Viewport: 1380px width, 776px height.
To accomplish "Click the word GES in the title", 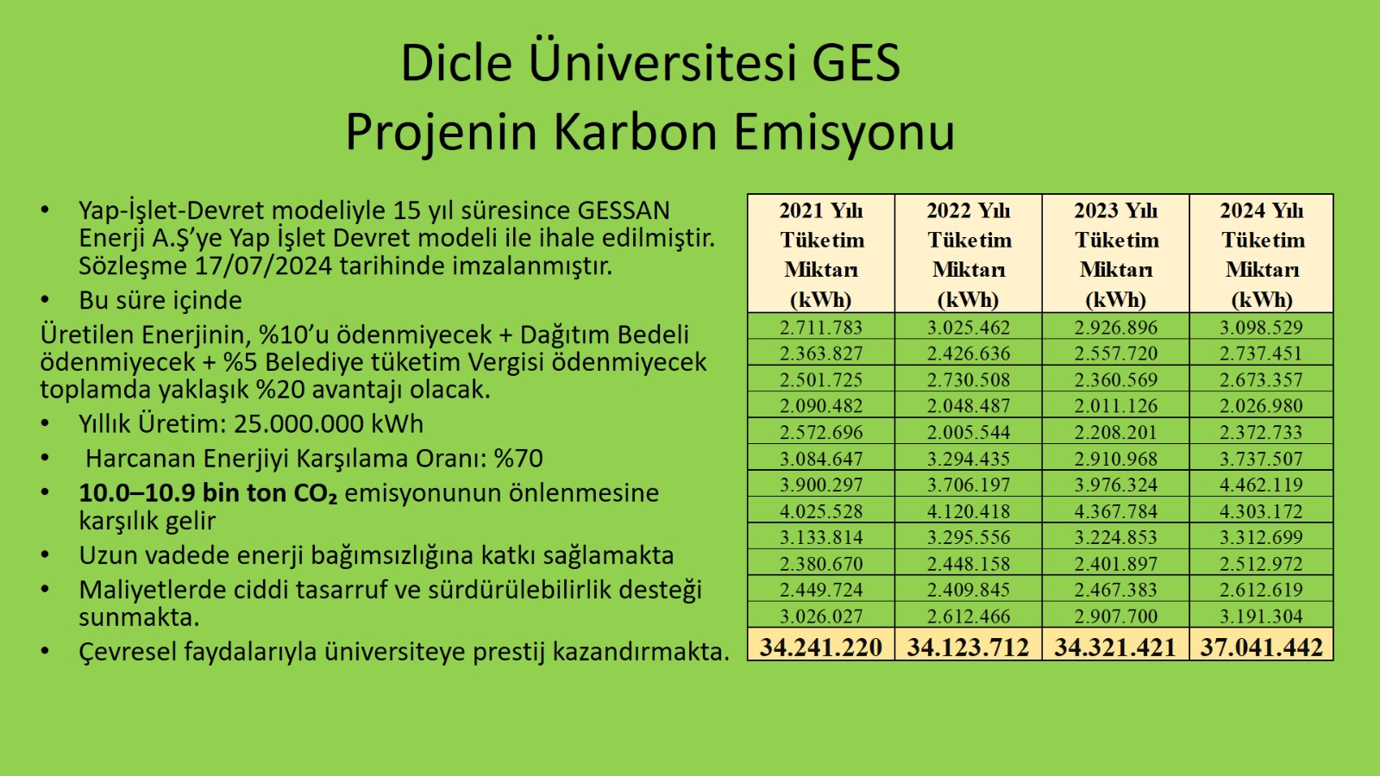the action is click(x=856, y=62).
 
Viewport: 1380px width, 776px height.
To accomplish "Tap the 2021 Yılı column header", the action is click(x=820, y=253).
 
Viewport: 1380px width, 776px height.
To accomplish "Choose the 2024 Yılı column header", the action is click(x=1262, y=253).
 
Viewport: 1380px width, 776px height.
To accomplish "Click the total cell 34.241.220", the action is click(x=820, y=647).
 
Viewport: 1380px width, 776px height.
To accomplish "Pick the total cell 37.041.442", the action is click(x=1262, y=647).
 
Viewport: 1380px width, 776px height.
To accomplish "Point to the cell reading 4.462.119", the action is click(x=1262, y=485).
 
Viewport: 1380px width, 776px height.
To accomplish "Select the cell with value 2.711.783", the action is click(x=820, y=327).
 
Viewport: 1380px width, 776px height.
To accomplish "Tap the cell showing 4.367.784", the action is click(x=1116, y=511).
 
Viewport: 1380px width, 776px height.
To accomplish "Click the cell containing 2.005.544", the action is click(x=969, y=432).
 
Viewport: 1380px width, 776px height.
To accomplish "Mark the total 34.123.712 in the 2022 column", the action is click(x=969, y=647).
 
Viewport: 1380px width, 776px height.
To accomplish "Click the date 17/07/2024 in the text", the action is click(x=264, y=266).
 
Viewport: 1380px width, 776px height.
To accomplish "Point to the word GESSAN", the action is click(x=624, y=210).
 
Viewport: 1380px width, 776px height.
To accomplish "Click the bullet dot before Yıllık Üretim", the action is click(x=44, y=423).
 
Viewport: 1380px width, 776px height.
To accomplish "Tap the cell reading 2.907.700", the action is click(x=1116, y=616).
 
